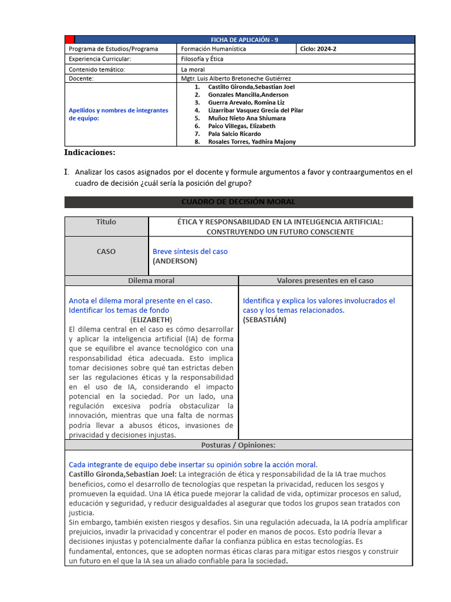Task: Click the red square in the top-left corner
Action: [x=69, y=39]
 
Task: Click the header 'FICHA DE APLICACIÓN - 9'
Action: [x=245, y=39]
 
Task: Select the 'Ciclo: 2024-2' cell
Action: [x=318, y=49]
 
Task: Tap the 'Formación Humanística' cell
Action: [x=213, y=49]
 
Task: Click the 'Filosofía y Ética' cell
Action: [x=202, y=59]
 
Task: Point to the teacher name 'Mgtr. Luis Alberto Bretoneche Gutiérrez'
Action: [x=235, y=78]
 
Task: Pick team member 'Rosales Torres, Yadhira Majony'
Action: [x=252, y=142]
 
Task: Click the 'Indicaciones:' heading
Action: [x=90, y=153]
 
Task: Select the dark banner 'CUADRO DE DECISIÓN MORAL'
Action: [x=238, y=202]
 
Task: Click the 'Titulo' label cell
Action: [x=106, y=222]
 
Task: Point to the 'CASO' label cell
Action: [x=106, y=252]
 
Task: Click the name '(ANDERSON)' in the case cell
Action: [x=175, y=260]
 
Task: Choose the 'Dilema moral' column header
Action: [x=151, y=280]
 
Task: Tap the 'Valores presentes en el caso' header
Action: [x=325, y=280]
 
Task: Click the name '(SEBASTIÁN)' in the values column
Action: [x=264, y=319]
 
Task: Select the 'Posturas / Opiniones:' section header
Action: [x=238, y=445]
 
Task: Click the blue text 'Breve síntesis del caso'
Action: [x=190, y=251]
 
